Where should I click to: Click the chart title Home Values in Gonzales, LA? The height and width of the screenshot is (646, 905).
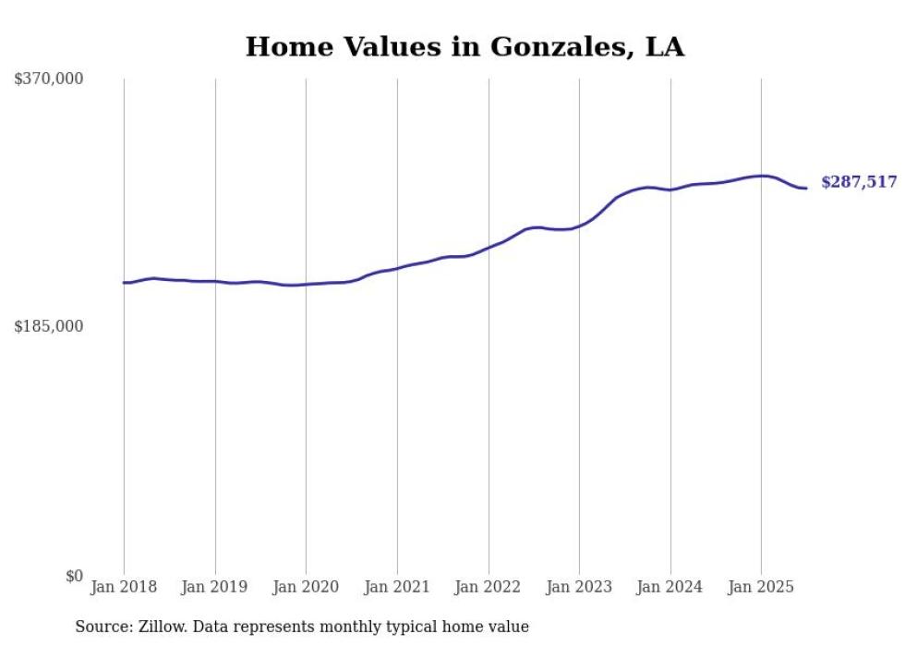click(x=465, y=47)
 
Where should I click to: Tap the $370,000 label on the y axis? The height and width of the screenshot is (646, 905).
click(x=49, y=79)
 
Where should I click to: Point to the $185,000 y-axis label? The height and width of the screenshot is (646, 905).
click(x=49, y=326)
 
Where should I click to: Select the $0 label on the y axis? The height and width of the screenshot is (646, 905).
click(x=74, y=576)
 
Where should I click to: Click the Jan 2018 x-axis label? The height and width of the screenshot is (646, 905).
click(x=124, y=587)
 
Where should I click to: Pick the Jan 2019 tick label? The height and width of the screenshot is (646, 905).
click(x=215, y=587)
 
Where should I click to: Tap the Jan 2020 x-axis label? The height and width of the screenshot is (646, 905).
click(x=306, y=587)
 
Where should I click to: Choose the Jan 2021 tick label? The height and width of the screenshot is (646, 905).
click(x=397, y=587)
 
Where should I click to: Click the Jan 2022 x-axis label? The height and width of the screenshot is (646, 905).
click(x=489, y=587)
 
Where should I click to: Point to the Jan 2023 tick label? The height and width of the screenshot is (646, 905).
click(x=579, y=587)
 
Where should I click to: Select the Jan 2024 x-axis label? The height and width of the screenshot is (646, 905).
click(x=670, y=587)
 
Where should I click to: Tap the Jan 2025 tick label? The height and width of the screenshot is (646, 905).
click(x=761, y=587)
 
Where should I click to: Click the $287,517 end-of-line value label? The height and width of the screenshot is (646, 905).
click(x=859, y=183)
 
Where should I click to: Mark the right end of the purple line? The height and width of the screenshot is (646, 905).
click(x=806, y=189)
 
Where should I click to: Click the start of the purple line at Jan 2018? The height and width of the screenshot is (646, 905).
click(x=125, y=283)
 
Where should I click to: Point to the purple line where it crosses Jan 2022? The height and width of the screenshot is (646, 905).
click(x=489, y=248)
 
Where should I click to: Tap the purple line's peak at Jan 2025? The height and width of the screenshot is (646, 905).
click(x=761, y=176)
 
